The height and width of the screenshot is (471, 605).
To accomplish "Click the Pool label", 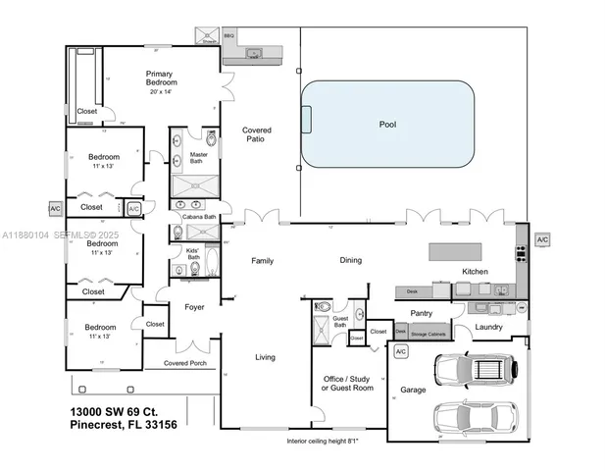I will click(x=388, y=125).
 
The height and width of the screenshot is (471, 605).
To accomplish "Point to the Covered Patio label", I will click(x=257, y=134).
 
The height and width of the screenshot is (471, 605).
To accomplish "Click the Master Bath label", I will click(x=196, y=156).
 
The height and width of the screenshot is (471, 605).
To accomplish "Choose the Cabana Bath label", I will click(x=199, y=216).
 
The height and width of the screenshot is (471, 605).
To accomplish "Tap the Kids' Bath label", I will click(x=192, y=253).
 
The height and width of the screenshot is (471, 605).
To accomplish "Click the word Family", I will click(x=263, y=261).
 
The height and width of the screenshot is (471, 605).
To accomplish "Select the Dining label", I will click(x=350, y=261).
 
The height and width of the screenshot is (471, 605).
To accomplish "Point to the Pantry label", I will click(x=422, y=313).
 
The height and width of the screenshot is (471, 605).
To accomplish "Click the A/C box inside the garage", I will click(x=400, y=350).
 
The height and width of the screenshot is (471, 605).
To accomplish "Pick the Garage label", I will click(x=413, y=390).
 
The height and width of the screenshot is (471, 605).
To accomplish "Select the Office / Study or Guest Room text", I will click(x=348, y=383).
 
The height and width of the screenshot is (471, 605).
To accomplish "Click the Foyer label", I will click(x=194, y=307).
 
